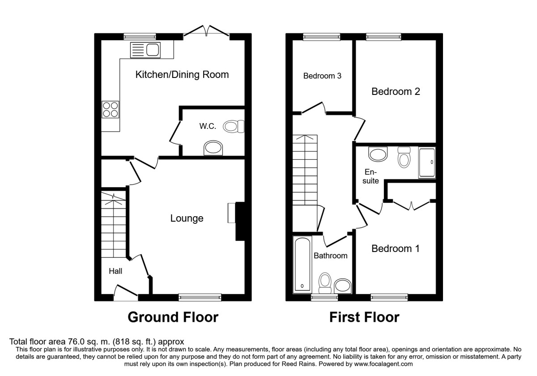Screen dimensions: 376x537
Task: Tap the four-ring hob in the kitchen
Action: (111, 109)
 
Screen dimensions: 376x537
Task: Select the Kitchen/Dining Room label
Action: (182, 75)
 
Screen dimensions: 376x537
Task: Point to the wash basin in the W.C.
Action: (213, 148)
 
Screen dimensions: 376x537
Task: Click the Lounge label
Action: (187, 218)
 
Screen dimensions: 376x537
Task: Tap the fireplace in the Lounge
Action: (237, 222)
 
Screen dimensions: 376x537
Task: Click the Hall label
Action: (115, 271)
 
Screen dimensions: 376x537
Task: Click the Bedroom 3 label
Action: (322, 76)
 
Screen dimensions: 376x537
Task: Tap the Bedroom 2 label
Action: (396, 92)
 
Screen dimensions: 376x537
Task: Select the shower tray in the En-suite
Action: (426, 162)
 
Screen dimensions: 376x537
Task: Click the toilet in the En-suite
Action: (404, 158)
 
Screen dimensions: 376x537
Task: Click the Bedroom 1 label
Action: (396, 248)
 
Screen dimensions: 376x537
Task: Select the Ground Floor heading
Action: (173, 317)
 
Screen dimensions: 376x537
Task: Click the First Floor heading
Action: (364, 317)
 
